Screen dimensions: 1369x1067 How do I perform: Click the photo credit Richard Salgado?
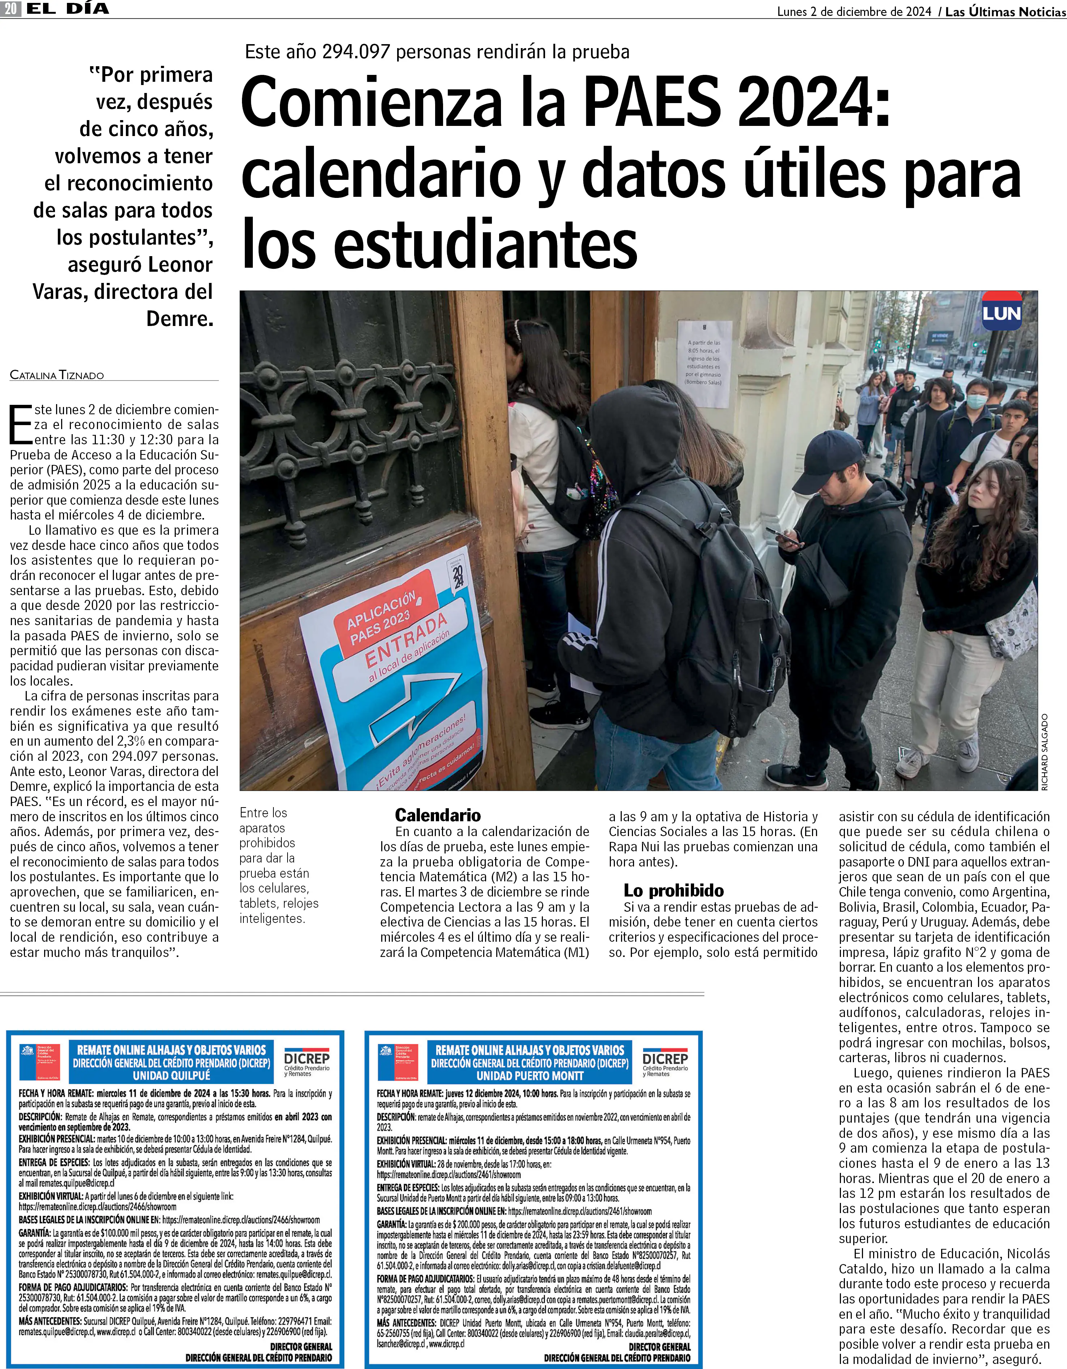click(x=1045, y=752)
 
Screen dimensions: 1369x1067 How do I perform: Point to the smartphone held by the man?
click(x=783, y=536)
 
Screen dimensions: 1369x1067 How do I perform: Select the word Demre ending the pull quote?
click(x=180, y=319)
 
